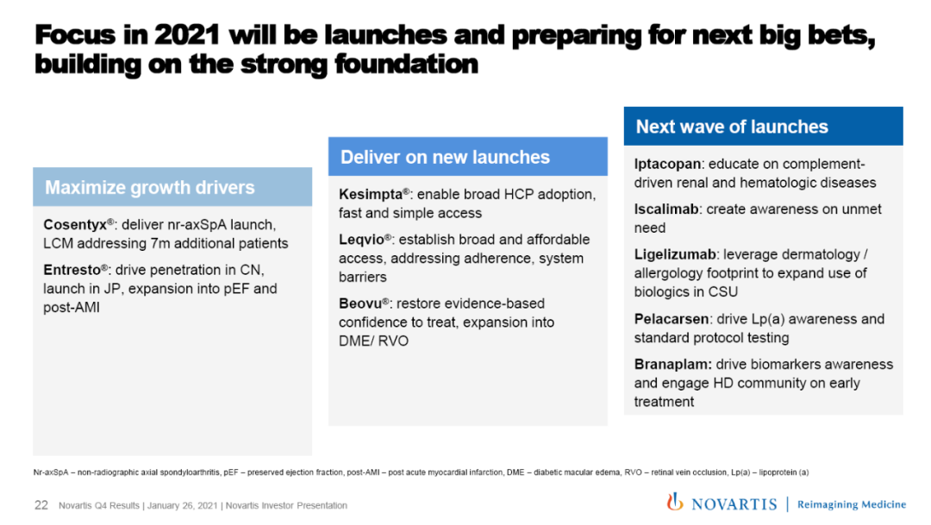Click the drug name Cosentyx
point(75,225)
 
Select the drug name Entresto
point(72,270)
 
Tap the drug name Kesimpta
point(371,195)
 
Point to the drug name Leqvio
point(361,240)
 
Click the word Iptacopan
point(667,165)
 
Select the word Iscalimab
point(666,209)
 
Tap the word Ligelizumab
point(675,255)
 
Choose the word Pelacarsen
point(672,319)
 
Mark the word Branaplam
point(672,365)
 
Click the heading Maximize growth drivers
point(150,188)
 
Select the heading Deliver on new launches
point(446,158)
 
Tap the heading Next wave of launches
point(732,127)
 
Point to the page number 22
point(41,505)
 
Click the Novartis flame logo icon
point(674,502)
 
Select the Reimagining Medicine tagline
point(852,505)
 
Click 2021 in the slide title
point(187,35)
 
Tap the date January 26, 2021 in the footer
point(182,506)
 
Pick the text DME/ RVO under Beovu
point(373,341)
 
